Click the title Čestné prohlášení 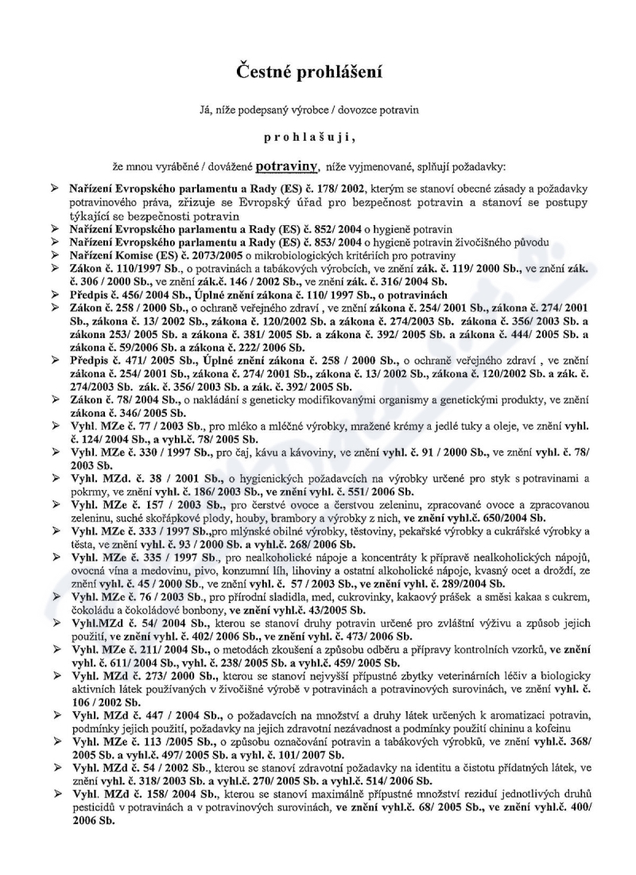pos(317,74)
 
